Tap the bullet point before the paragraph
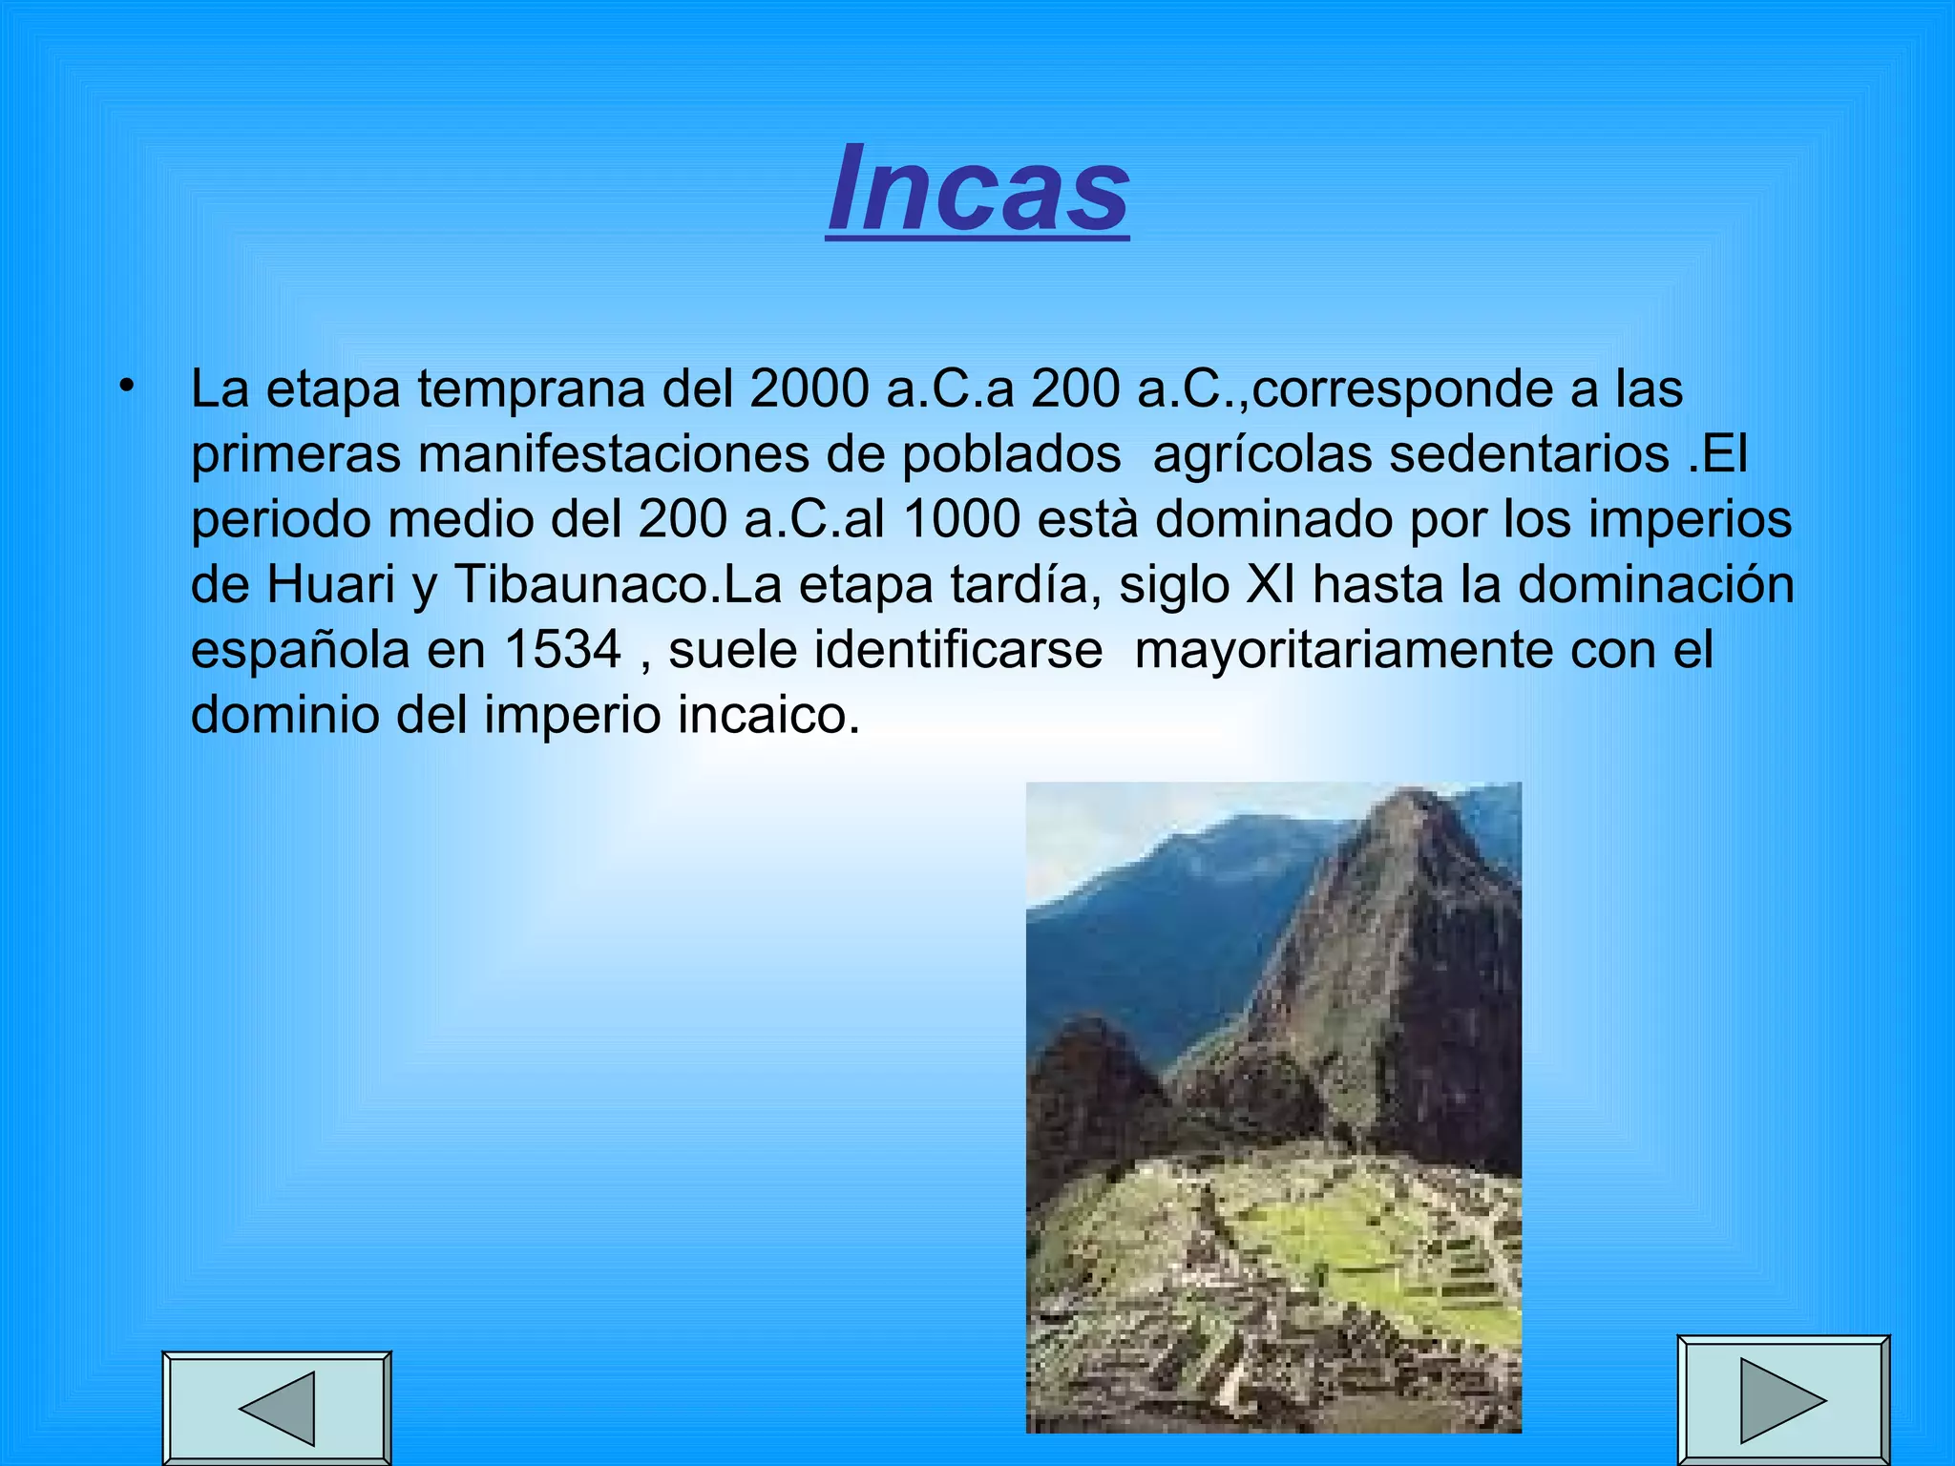[x=125, y=386]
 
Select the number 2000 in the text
[x=809, y=388]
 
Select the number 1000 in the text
[x=961, y=519]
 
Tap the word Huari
[x=330, y=584]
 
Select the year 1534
[x=562, y=650]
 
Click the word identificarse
[x=958, y=650]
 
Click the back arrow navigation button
[x=277, y=1408]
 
